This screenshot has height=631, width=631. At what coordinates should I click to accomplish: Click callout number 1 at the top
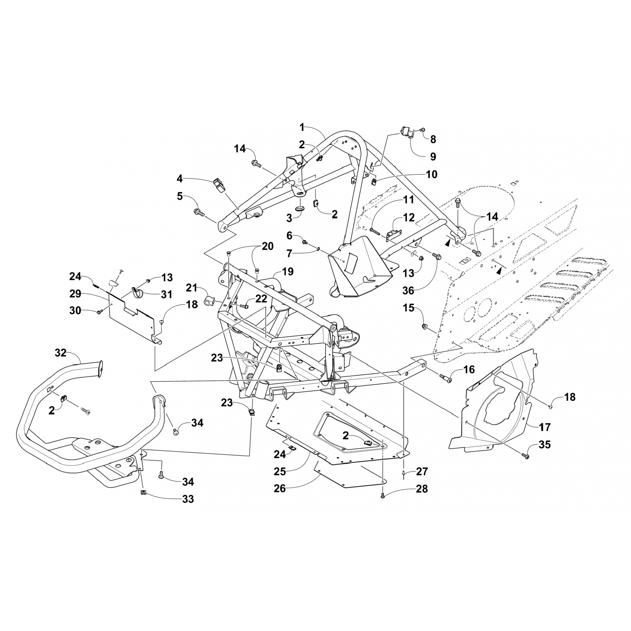[x=302, y=126]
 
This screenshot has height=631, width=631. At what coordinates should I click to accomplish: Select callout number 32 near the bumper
[x=61, y=353]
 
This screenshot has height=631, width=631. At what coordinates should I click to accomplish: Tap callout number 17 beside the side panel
[x=544, y=427]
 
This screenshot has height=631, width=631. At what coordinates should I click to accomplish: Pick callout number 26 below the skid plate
[x=280, y=488]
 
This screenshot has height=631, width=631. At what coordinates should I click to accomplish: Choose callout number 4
[x=180, y=179]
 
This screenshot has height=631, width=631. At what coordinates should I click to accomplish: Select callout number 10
[x=432, y=174]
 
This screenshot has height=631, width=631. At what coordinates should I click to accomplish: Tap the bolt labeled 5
[x=199, y=212]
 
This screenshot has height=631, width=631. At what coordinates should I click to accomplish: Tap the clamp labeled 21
[x=209, y=301]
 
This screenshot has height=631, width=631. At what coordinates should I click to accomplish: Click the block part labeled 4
[x=218, y=185]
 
